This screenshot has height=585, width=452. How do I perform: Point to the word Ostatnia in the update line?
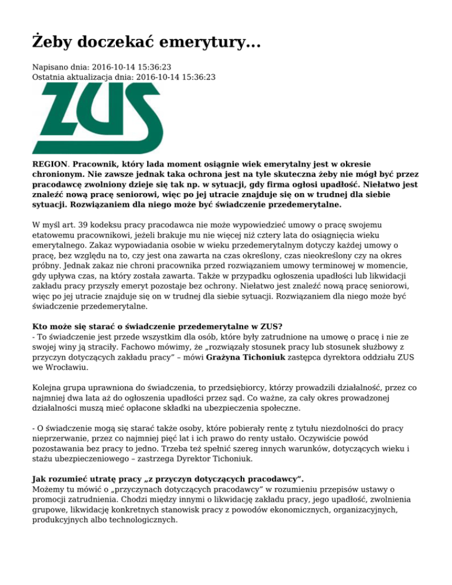tap(49, 77)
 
